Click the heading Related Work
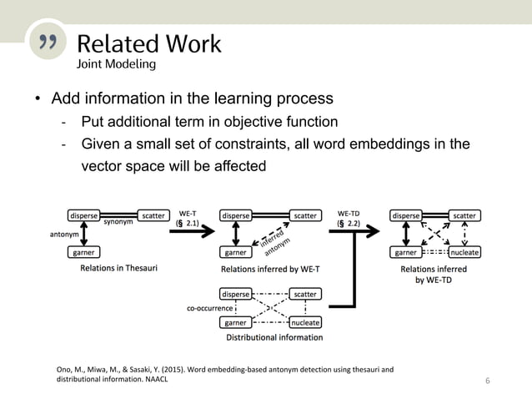click(148, 43)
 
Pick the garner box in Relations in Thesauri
click(83, 251)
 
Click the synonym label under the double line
click(118, 223)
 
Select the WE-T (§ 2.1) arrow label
click(193, 220)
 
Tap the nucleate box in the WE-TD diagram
click(464, 252)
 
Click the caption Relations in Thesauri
click(118, 270)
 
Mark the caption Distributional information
click(274, 338)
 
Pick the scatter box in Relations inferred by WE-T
click(304, 215)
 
